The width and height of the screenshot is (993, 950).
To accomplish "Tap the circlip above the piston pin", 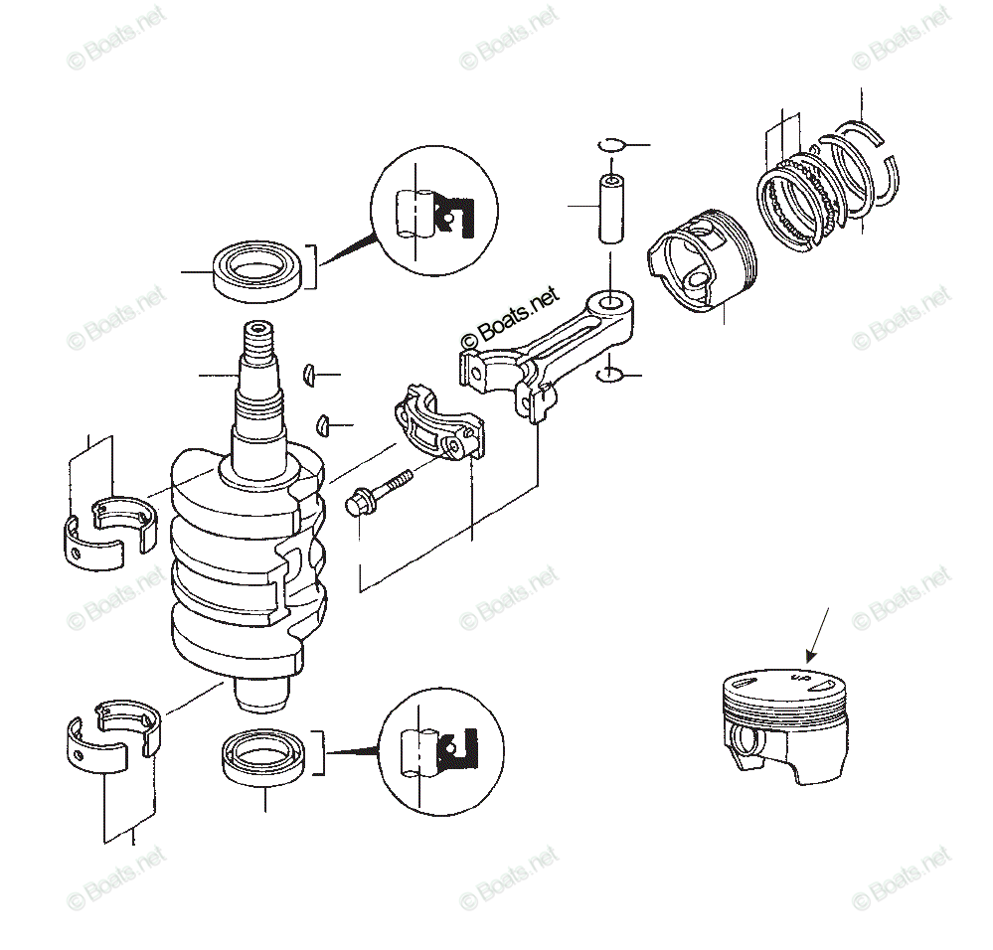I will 612,144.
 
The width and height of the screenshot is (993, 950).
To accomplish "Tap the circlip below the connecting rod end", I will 610,375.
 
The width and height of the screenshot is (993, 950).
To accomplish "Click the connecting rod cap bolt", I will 378,494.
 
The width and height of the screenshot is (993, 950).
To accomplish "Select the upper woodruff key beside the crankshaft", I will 308,375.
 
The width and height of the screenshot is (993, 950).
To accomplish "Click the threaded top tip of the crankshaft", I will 257,339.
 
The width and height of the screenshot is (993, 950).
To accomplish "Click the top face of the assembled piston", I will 780,684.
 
